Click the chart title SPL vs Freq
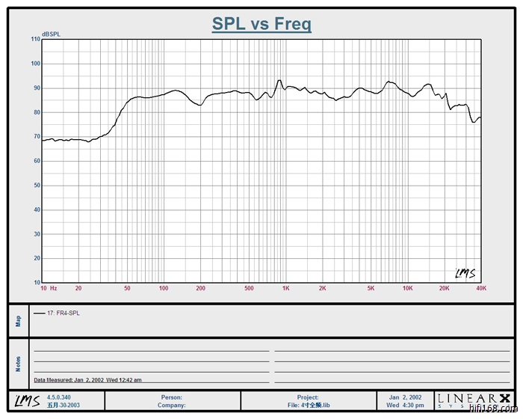(261, 23)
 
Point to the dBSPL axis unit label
(52, 34)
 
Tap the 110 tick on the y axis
(35, 39)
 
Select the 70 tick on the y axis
(37, 136)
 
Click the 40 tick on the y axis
(37, 209)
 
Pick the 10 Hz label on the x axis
(49, 288)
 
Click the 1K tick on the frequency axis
(285, 288)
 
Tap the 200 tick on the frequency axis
(199, 288)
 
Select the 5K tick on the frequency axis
(371, 288)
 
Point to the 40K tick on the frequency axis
(481, 288)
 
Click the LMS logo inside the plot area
(465, 273)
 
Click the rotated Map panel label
(18, 320)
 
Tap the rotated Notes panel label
(18, 364)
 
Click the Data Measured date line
(87, 380)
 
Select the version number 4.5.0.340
(60, 397)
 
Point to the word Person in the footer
(172, 397)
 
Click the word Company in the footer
(172, 405)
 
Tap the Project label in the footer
(307, 397)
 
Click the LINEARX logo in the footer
(474, 400)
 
